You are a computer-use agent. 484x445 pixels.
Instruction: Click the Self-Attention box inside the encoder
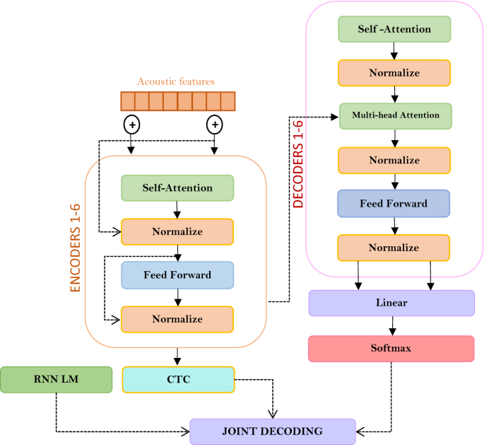pos(177,188)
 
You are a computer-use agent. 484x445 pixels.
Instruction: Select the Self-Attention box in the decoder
pos(394,29)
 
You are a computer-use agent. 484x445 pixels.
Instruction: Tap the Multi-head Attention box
pos(394,115)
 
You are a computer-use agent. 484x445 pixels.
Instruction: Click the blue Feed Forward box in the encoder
pos(177,274)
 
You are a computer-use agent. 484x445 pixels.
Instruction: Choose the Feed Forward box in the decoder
pos(394,203)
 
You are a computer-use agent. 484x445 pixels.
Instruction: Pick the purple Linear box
pos(391,303)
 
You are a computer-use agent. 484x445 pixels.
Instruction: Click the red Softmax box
pos(391,349)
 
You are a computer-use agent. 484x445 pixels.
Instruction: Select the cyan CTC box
pos(177,379)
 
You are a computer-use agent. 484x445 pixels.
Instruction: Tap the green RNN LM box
pos(57,379)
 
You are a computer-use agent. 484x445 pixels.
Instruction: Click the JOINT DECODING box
pos(273,431)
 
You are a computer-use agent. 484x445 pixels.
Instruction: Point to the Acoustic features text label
pos(175,82)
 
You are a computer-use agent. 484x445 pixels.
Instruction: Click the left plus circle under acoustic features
pos(131,125)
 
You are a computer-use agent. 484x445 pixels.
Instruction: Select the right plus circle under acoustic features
pos(213,125)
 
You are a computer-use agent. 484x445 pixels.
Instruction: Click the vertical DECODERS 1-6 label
pos(298,164)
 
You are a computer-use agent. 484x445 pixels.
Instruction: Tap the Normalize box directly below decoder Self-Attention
pos(394,73)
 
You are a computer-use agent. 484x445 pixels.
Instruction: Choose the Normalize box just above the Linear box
pos(394,248)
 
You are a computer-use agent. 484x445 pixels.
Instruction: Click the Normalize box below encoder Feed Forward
pos(177,319)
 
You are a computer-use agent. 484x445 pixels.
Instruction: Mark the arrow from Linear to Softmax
pos(392,325)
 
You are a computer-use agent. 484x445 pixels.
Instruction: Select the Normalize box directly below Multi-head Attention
pos(394,160)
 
